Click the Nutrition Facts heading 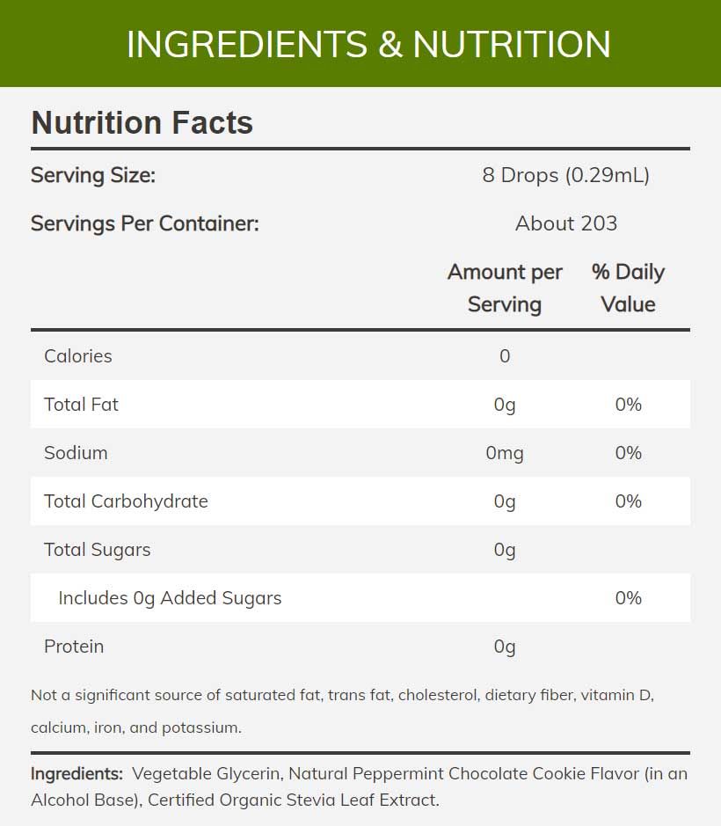click(142, 123)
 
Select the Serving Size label click(92, 175)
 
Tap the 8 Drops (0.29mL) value click(565, 175)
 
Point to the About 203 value click(565, 223)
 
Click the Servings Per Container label click(144, 223)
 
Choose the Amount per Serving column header click(504, 288)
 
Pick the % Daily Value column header click(628, 288)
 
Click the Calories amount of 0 click(504, 356)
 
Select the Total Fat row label click(81, 405)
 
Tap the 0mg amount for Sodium click(504, 453)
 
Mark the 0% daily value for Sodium click(628, 453)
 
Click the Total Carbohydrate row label click(126, 501)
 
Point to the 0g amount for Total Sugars click(504, 550)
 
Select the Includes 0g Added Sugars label click(170, 598)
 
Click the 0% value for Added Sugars click(628, 598)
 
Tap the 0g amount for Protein click(504, 647)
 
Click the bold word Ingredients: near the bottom click(76, 774)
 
